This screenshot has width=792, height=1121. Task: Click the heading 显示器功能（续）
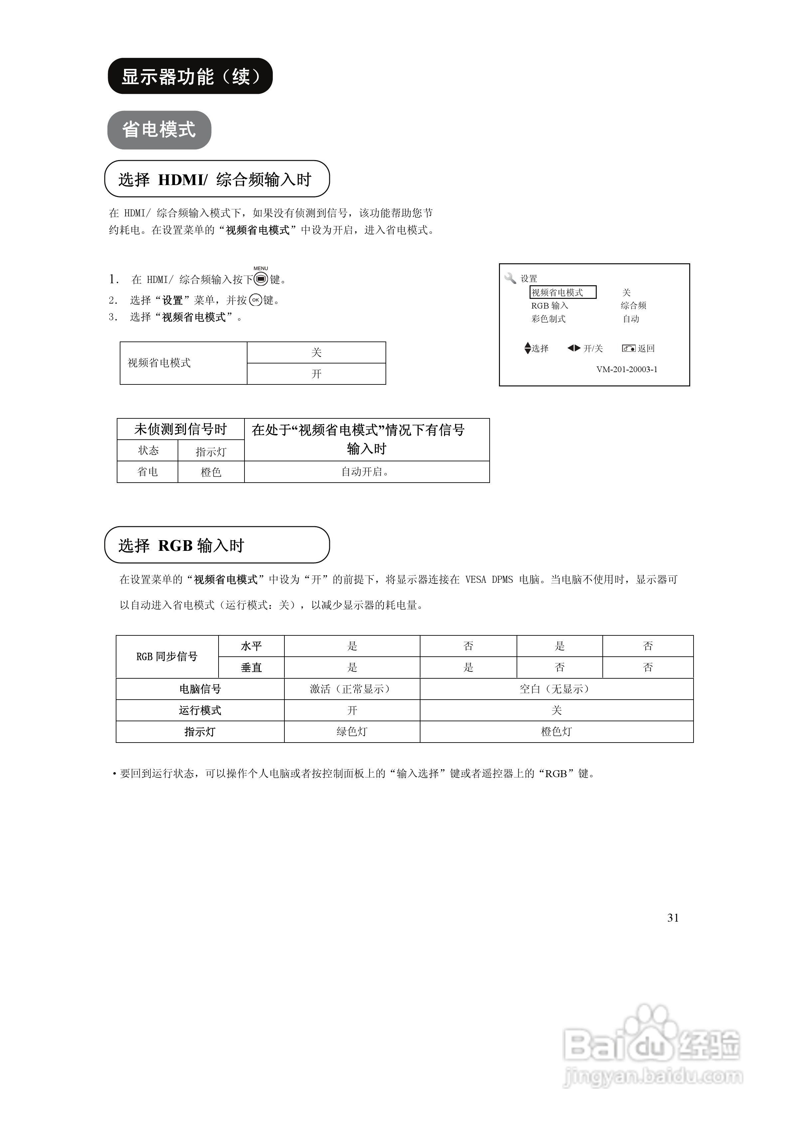pos(190,76)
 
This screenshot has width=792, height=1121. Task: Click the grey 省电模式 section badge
pos(159,130)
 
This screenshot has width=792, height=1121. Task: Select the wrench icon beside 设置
pos(510,278)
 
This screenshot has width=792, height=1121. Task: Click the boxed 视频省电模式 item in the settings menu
pos(562,293)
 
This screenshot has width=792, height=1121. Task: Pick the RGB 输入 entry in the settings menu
pos(550,306)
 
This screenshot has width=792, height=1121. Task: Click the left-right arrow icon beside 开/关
pos(574,348)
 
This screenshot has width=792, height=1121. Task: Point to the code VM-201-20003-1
pos(627,369)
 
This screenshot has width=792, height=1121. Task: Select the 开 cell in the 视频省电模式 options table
pos(316,374)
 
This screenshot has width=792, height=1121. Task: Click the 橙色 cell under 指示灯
pos(211,472)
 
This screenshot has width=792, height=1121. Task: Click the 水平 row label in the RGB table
pos(251,646)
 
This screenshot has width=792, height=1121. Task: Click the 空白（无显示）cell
pos(556,689)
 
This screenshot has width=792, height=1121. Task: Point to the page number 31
pos(673,918)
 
